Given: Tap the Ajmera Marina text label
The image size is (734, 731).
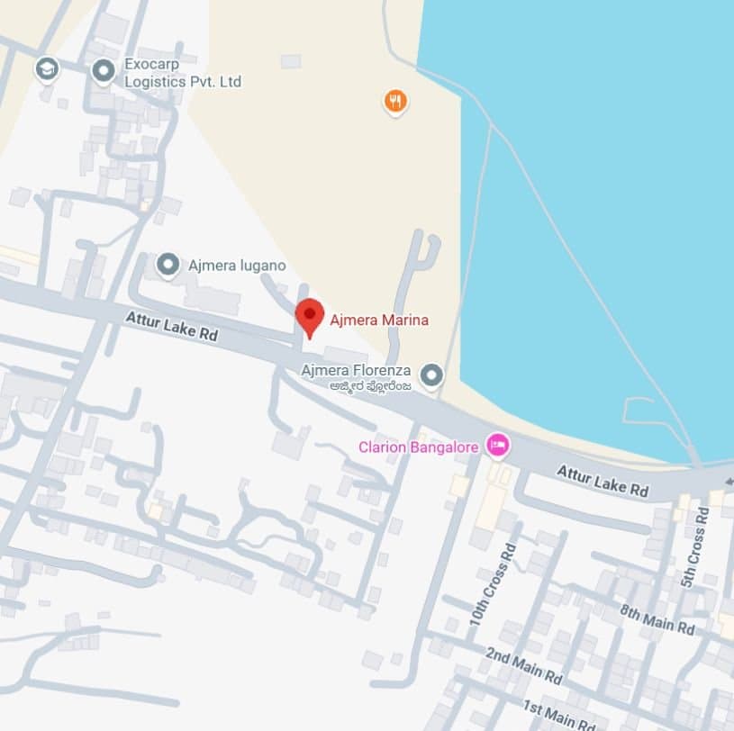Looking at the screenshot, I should pyautogui.click(x=379, y=320).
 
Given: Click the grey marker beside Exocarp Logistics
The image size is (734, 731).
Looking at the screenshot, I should pyautogui.click(x=104, y=68).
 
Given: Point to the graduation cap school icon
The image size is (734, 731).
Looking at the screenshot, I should pyautogui.click(x=46, y=68).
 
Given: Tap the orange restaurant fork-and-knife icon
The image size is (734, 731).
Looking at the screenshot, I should pyautogui.click(x=394, y=101).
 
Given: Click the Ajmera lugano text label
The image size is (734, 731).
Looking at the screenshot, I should pyautogui.click(x=237, y=266).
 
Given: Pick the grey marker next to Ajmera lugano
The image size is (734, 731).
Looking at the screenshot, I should pyautogui.click(x=168, y=265).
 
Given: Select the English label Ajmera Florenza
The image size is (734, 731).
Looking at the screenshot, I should pyautogui.click(x=356, y=370).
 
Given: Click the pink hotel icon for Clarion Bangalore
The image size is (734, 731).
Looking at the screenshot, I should pyautogui.click(x=496, y=444).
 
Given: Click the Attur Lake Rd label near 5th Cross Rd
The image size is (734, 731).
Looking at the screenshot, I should pyautogui.click(x=603, y=481).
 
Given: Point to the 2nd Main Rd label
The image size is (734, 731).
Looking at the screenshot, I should pyautogui.click(x=523, y=664).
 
